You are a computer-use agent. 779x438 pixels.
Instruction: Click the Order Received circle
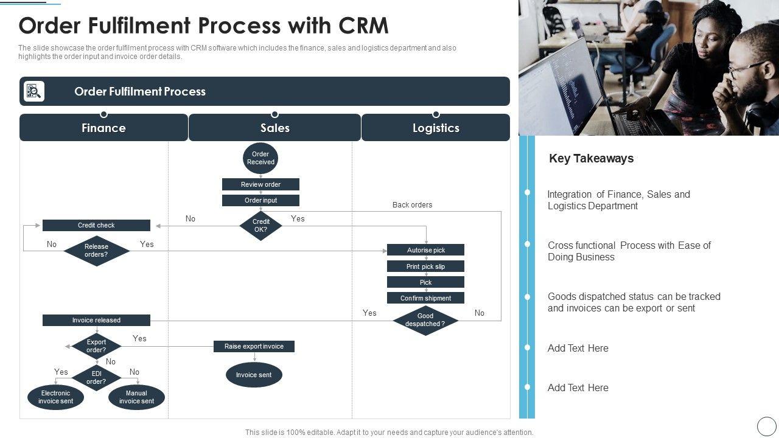(x=260, y=158)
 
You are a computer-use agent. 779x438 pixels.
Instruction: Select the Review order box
(x=260, y=184)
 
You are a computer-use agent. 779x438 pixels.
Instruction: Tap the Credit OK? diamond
(x=260, y=226)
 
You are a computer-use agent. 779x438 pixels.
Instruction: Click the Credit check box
(x=96, y=225)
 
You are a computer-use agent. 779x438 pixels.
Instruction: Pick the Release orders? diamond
(x=96, y=251)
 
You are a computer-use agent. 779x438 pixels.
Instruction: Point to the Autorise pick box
(x=425, y=250)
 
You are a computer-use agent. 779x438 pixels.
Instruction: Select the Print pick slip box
(x=425, y=266)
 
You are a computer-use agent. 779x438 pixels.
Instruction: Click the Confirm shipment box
(x=425, y=298)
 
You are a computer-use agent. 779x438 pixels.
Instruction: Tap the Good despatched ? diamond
(x=425, y=320)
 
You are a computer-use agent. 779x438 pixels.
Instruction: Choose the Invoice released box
(x=96, y=320)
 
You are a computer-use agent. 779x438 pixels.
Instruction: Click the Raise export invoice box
(x=254, y=346)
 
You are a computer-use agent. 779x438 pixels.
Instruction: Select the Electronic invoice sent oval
(x=55, y=397)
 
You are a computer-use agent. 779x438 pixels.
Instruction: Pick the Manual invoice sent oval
(x=136, y=397)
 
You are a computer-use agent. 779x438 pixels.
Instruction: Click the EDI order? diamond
(x=96, y=377)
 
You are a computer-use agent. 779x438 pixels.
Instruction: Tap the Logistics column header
(x=436, y=128)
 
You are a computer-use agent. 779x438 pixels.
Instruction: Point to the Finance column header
(x=103, y=128)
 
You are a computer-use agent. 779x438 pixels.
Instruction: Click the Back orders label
(x=412, y=205)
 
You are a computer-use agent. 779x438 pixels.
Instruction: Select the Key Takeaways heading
(x=591, y=158)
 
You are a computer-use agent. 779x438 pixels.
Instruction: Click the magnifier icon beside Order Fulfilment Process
(x=34, y=91)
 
